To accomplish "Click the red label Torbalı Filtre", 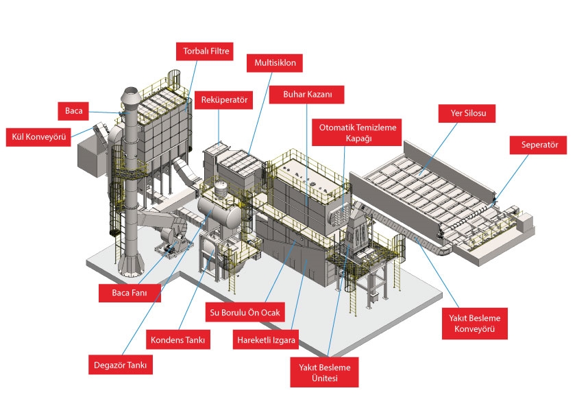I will click(206, 51).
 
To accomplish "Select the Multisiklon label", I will click(275, 64).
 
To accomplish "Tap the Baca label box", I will click(73, 110).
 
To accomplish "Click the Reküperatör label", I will click(223, 99).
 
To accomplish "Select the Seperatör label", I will click(538, 145).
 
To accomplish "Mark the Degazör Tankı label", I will click(121, 365).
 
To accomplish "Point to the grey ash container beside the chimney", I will click(89, 155).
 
